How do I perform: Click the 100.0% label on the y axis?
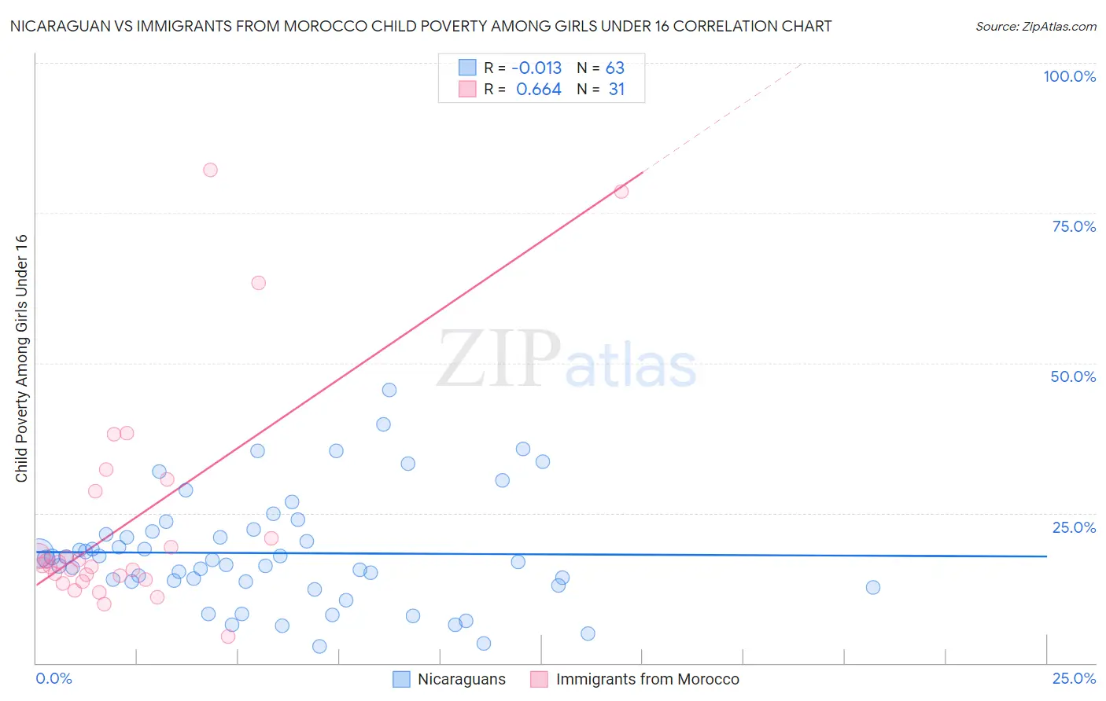pyautogui.click(x=1069, y=76)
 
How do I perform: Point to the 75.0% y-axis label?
pyautogui.click(x=1074, y=226)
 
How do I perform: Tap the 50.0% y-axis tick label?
pyautogui.click(x=1073, y=376)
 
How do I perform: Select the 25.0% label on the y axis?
pyautogui.click(x=1074, y=527)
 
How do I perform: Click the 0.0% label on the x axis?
pyautogui.click(x=53, y=678)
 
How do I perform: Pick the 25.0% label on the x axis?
pyautogui.click(x=1074, y=678)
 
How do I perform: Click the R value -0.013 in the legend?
pyautogui.click(x=536, y=68)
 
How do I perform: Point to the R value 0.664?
pyautogui.click(x=538, y=90)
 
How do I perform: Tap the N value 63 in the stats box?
pyautogui.click(x=614, y=68)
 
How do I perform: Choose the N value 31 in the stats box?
pyautogui.click(x=616, y=90)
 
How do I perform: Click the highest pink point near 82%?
pyautogui.click(x=210, y=170)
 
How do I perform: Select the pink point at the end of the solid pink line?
pyautogui.click(x=621, y=191)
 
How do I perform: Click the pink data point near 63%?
pyautogui.click(x=258, y=283)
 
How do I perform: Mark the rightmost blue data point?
pyautogui.click(x=872, y=587)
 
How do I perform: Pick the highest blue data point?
pyautogui.click(x=389, y=390)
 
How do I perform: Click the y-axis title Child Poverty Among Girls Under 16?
pyautogui.click(x=21, y=358)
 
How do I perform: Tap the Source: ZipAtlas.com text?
pyautogui.click(x=1035, y=27)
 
